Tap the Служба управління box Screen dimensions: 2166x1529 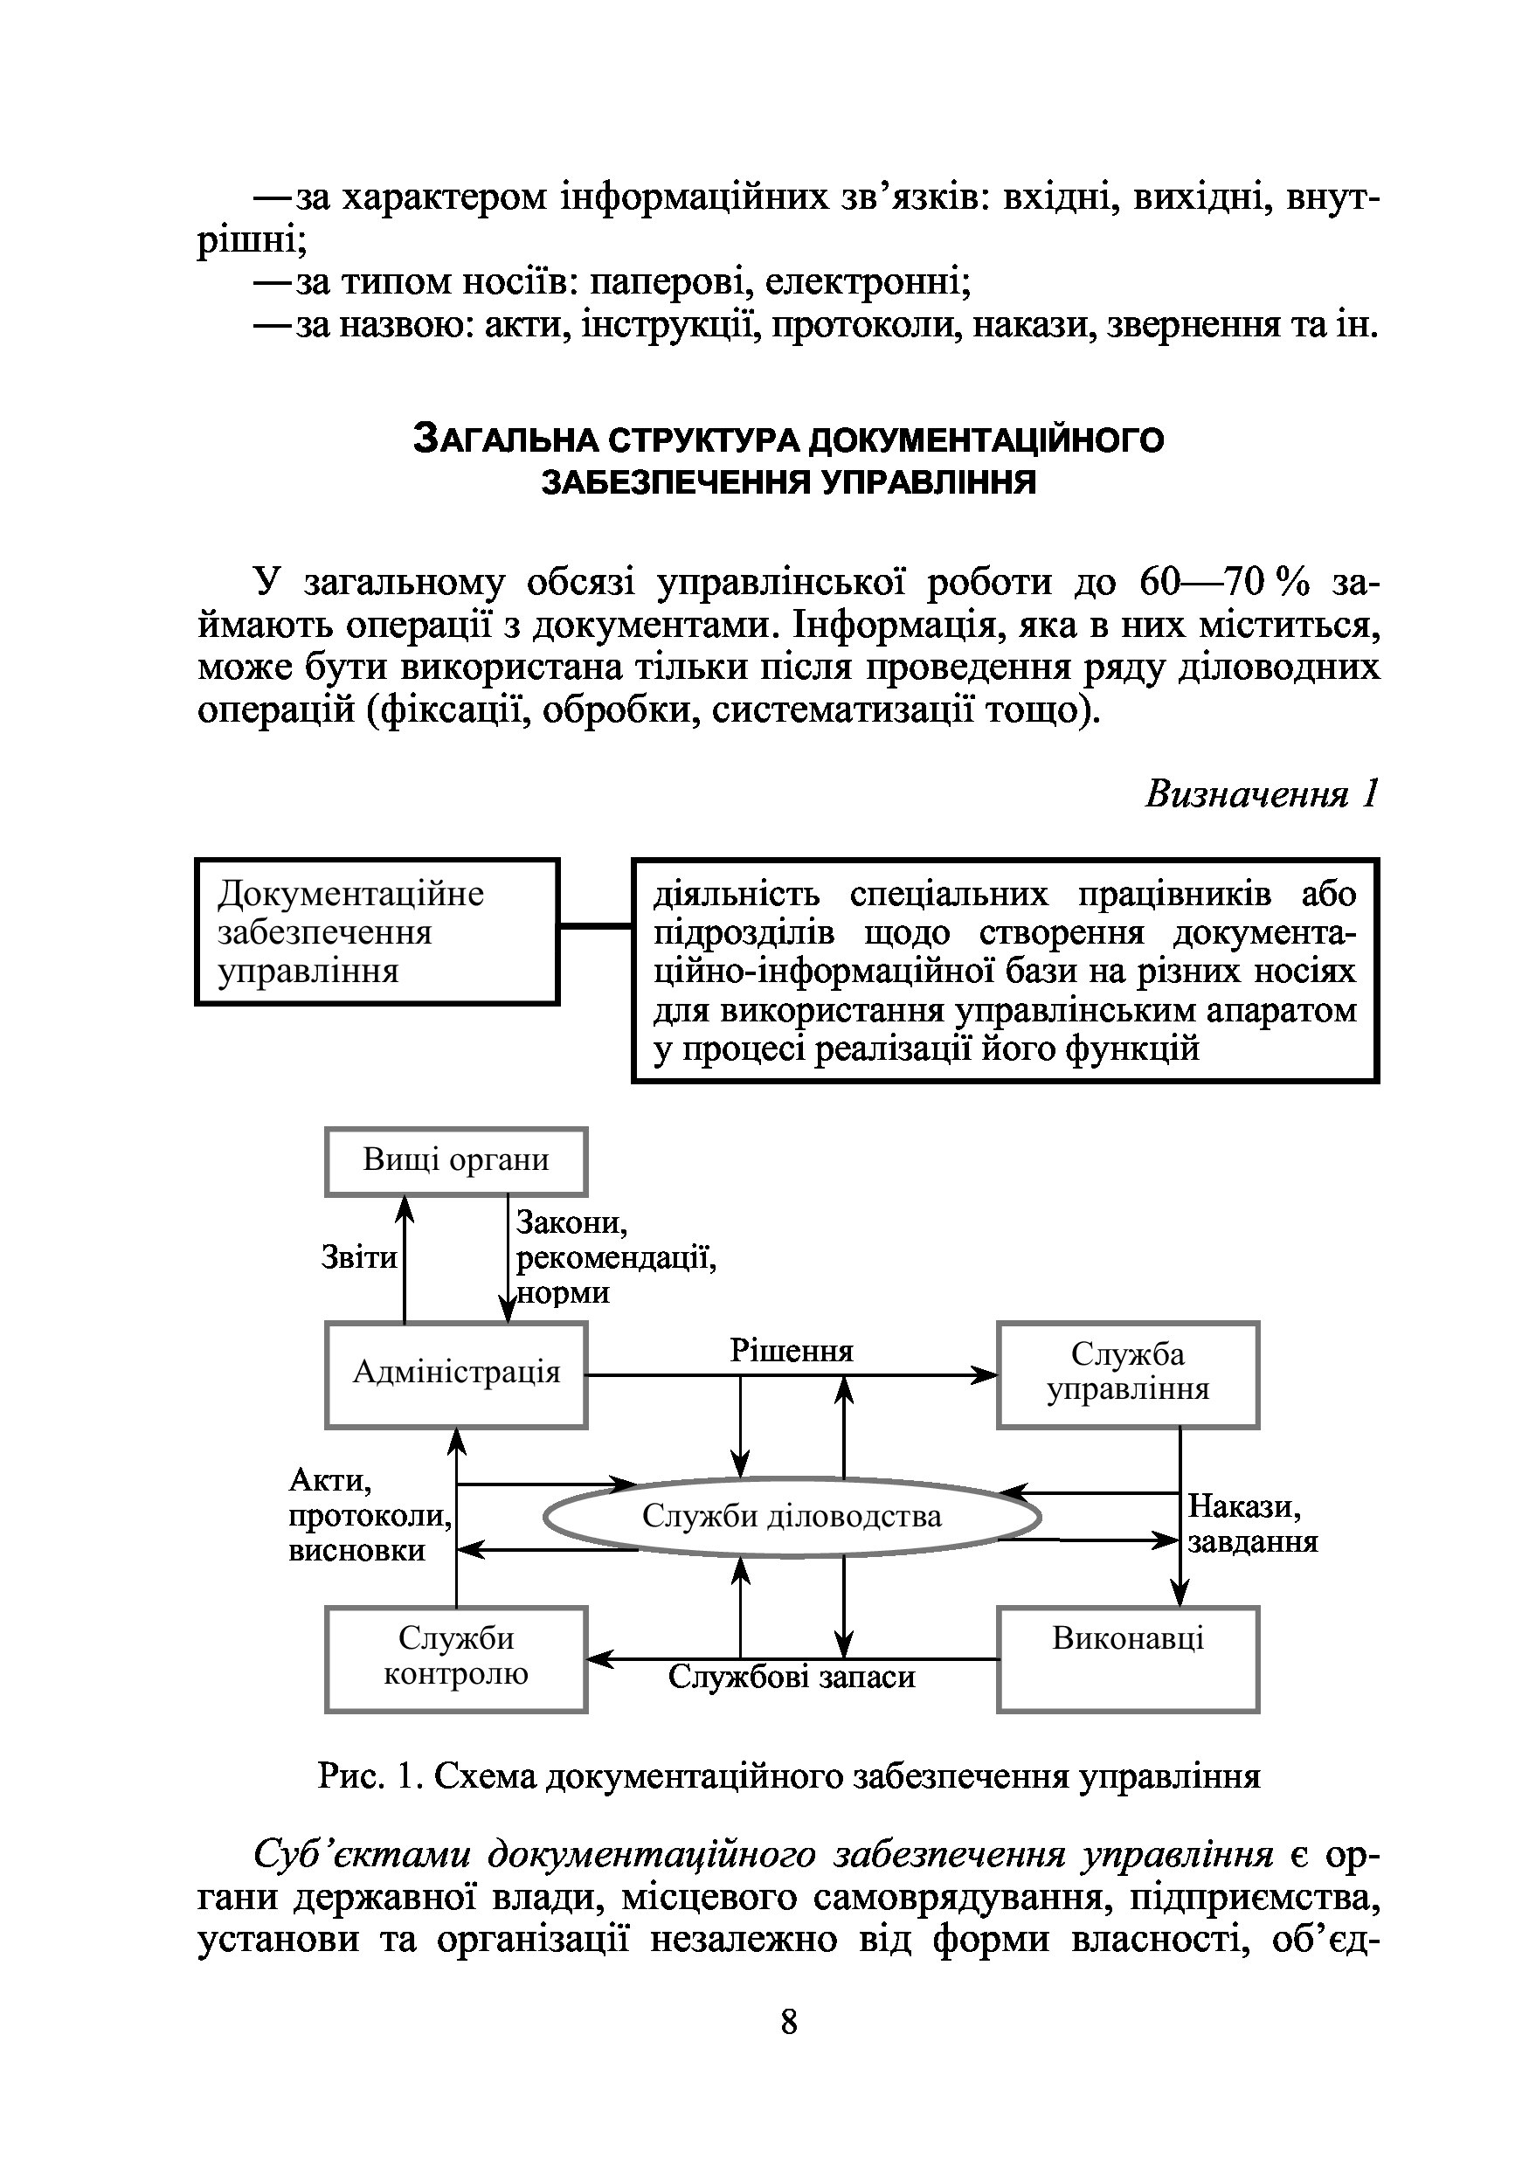pyautogui.click(x=1127, y=1374)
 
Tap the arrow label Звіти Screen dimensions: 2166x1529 pyautogui.click(x=358, y=1257)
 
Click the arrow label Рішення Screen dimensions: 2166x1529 pyautogui.click(x=791, y=1351)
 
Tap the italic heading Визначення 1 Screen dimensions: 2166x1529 pyautogui.click(x=1261, y=794)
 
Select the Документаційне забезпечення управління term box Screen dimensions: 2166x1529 pyautogui.click(x=377, y=931)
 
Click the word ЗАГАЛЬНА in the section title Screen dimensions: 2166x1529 pyautogui.click(x=509, y=439)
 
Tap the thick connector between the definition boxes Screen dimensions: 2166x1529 pyautogui.click(x=595, y=926)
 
